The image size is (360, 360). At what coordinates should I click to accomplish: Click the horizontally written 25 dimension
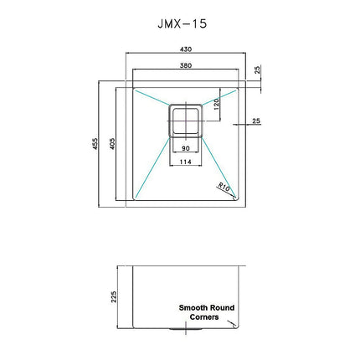[x=255, y=121]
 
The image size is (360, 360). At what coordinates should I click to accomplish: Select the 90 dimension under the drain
[x=185, y=149]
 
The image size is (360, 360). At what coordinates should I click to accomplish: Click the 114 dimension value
[x=185, y=162]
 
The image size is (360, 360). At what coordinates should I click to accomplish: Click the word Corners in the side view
[x=205, y=317]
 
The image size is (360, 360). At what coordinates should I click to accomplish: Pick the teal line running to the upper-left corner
[x=152, y=95]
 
